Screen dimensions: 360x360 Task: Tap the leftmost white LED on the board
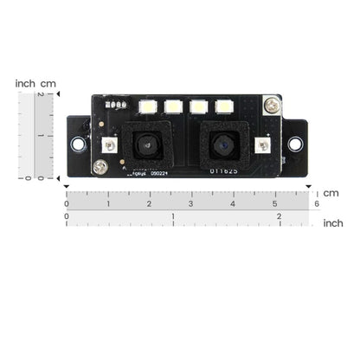(x=147, y=108)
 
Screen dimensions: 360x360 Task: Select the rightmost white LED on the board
(x=225, y=108)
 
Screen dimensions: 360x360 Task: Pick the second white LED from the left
(x=173, y=108)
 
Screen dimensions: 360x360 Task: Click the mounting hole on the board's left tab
(x=78, y=143)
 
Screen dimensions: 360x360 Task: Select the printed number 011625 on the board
(x=221, y=170)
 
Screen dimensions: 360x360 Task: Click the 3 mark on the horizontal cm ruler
(x=190, y=204)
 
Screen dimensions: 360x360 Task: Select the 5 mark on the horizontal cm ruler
(x=274, y=204)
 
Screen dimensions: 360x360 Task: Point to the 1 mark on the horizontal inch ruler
(x=172, y=217)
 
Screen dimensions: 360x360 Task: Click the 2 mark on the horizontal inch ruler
(x=279, y=217)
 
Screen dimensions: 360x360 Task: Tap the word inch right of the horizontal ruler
(x=332, y=222)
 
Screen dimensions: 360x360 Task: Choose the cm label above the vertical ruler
(x=48, y=83)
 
